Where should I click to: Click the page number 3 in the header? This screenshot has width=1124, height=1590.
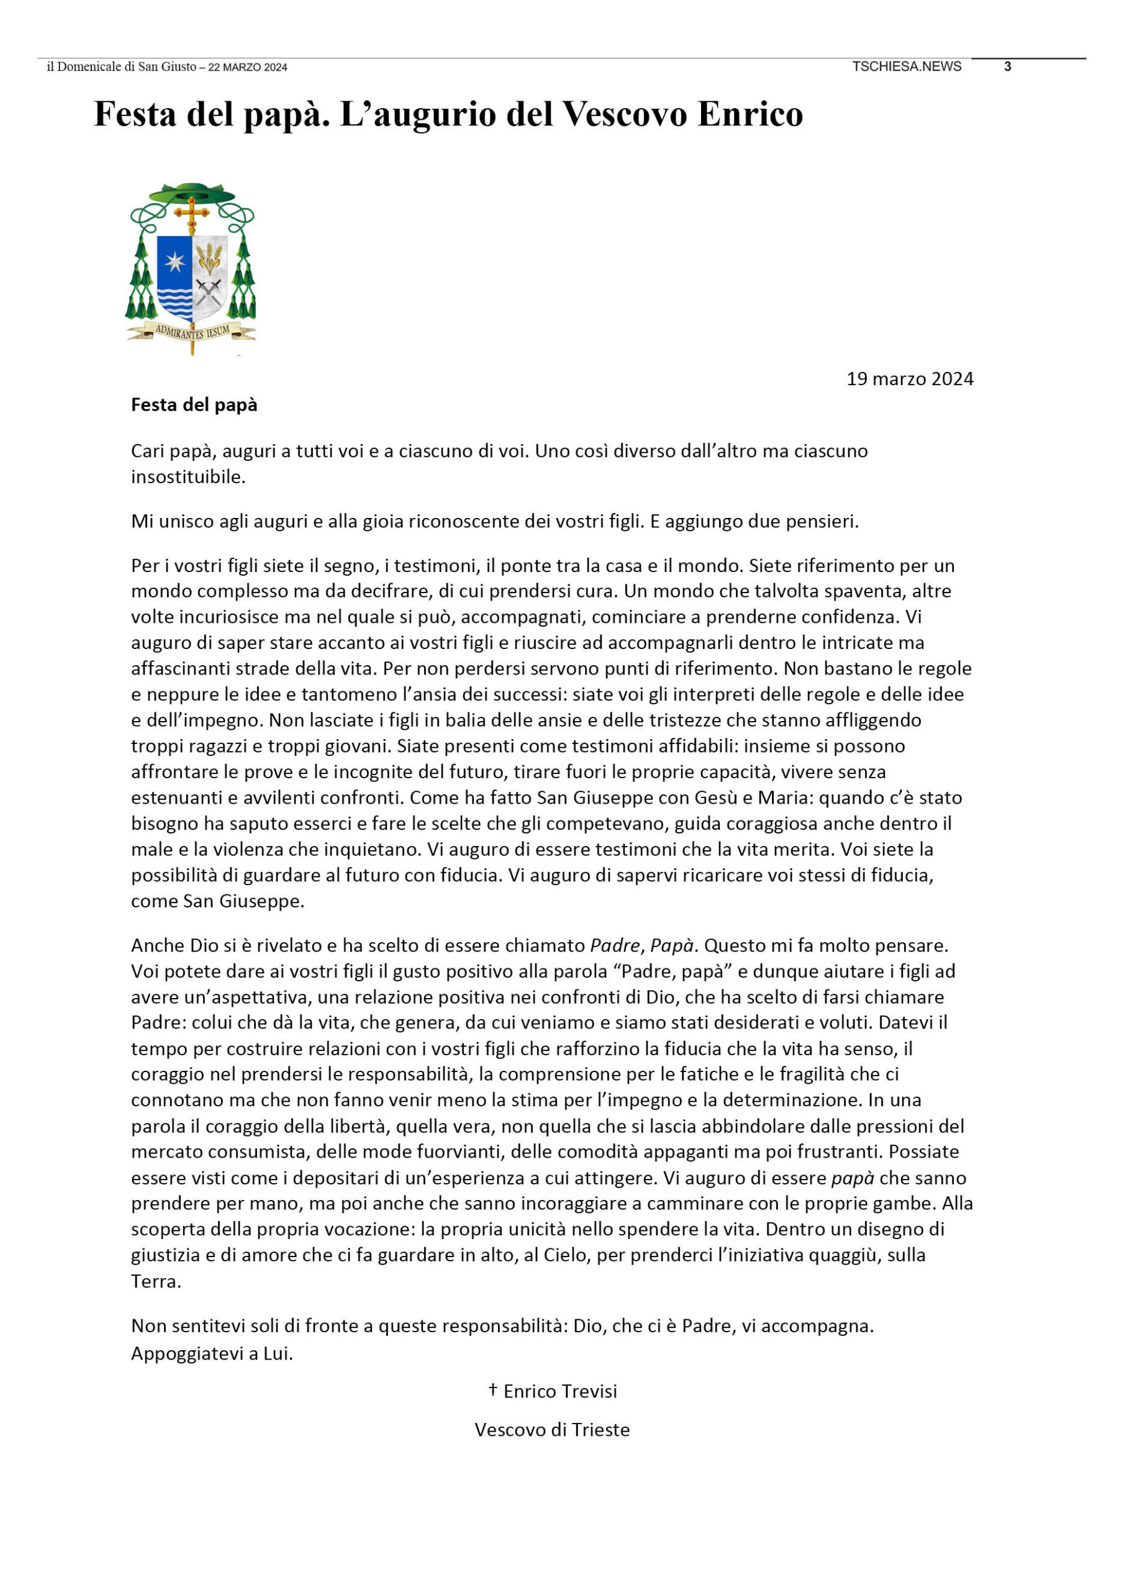pos(1008,66)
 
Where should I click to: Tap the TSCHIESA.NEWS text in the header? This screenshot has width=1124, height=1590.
pos(907,66)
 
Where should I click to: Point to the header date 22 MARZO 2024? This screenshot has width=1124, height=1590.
pos(247,68)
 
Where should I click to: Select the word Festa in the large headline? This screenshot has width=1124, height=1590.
pos(134,114)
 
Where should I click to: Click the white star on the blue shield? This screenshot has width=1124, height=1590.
pos(174,261)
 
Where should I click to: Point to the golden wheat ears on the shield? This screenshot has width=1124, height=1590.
pos(209,258)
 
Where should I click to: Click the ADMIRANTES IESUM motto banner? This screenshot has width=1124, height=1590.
pos(192,332)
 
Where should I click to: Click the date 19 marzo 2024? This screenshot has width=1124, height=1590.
pos(909,379)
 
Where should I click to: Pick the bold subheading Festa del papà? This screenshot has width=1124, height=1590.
pos(194,405)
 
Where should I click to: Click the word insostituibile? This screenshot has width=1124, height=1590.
pos(187,477)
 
